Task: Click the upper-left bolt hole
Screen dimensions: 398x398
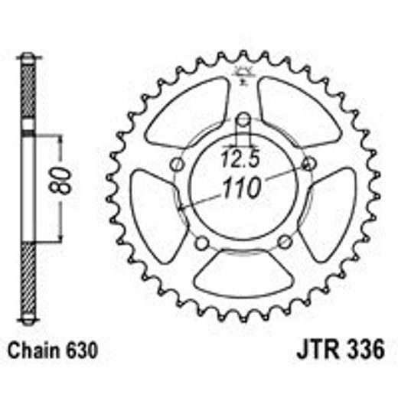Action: pyautogui.click(x=177, y=165)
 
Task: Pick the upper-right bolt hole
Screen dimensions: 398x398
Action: pyautogui.click(x=310, y=165)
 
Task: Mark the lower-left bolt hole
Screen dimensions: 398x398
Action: pyautogui.click(x=202, y=243)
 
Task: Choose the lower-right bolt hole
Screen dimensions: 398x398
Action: pyautogui.click(x=285, y=243)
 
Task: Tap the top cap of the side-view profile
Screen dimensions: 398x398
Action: pyautogui.click(x=28, y=58)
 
